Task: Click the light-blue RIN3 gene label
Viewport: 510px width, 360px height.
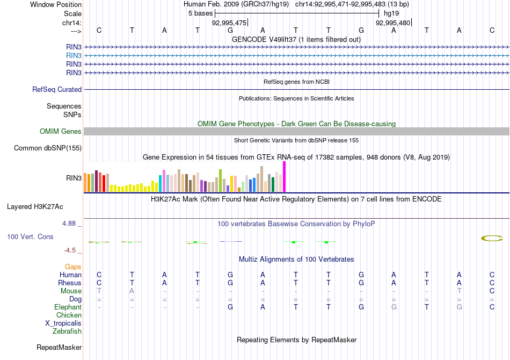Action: [74, 55]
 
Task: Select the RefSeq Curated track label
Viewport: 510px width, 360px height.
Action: [57, 90]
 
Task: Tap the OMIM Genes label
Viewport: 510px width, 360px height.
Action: [61, 132]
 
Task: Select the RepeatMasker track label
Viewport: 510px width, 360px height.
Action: [59, 348]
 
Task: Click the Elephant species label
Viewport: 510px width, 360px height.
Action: [68, 307]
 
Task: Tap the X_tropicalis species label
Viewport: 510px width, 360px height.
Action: [63, 323]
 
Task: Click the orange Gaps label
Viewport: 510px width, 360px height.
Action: [73, 267]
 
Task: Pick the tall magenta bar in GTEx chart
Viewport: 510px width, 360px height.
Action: [285, 176]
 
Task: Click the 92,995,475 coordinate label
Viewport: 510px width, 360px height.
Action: [229, 23]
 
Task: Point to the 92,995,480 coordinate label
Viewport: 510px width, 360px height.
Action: [393, 23]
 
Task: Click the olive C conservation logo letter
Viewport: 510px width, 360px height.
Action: [492, 238]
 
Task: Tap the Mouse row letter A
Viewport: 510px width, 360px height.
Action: [132, 291]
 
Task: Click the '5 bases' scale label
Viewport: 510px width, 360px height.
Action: [200, 13]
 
